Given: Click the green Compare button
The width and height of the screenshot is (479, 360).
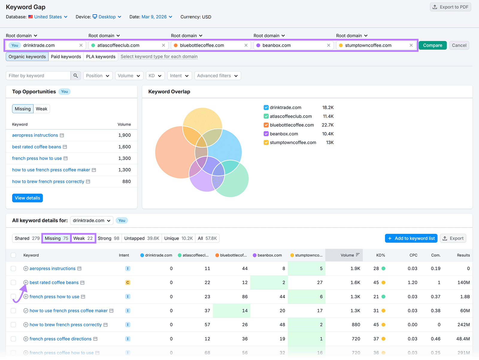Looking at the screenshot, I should point(432,45).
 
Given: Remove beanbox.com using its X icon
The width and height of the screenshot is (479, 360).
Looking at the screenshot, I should point(328,45).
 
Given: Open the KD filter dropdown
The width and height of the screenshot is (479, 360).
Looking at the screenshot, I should point(155,76).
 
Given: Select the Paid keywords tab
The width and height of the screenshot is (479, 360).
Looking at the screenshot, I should point(66,57).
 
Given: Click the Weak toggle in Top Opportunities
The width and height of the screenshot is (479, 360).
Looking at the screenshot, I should point(41,109).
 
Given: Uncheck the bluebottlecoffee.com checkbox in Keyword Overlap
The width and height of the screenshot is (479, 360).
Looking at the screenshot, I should point(266,125).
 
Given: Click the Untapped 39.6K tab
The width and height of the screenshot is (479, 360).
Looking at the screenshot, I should point(142,238).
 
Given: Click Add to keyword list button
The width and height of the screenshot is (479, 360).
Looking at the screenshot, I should point(411,238).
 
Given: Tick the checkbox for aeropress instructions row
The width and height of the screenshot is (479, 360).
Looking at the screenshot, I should point(13,269).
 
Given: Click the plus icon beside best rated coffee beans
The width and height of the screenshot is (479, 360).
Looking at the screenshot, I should point(26,282).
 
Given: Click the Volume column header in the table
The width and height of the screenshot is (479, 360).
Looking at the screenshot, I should point(347,255).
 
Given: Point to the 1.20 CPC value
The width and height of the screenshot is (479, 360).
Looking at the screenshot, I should point(412,282).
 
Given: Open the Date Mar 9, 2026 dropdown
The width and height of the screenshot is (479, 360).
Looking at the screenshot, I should point(157,17).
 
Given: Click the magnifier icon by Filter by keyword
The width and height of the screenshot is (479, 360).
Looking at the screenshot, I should point(76,76).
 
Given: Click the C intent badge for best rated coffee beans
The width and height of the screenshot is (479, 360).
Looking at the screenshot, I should point(128,282).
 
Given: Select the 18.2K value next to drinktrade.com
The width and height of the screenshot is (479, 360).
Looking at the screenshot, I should point(328,108).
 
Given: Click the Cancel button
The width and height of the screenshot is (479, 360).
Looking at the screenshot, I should point(459,45).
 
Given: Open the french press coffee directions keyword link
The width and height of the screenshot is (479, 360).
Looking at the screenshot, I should point(60,339).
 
